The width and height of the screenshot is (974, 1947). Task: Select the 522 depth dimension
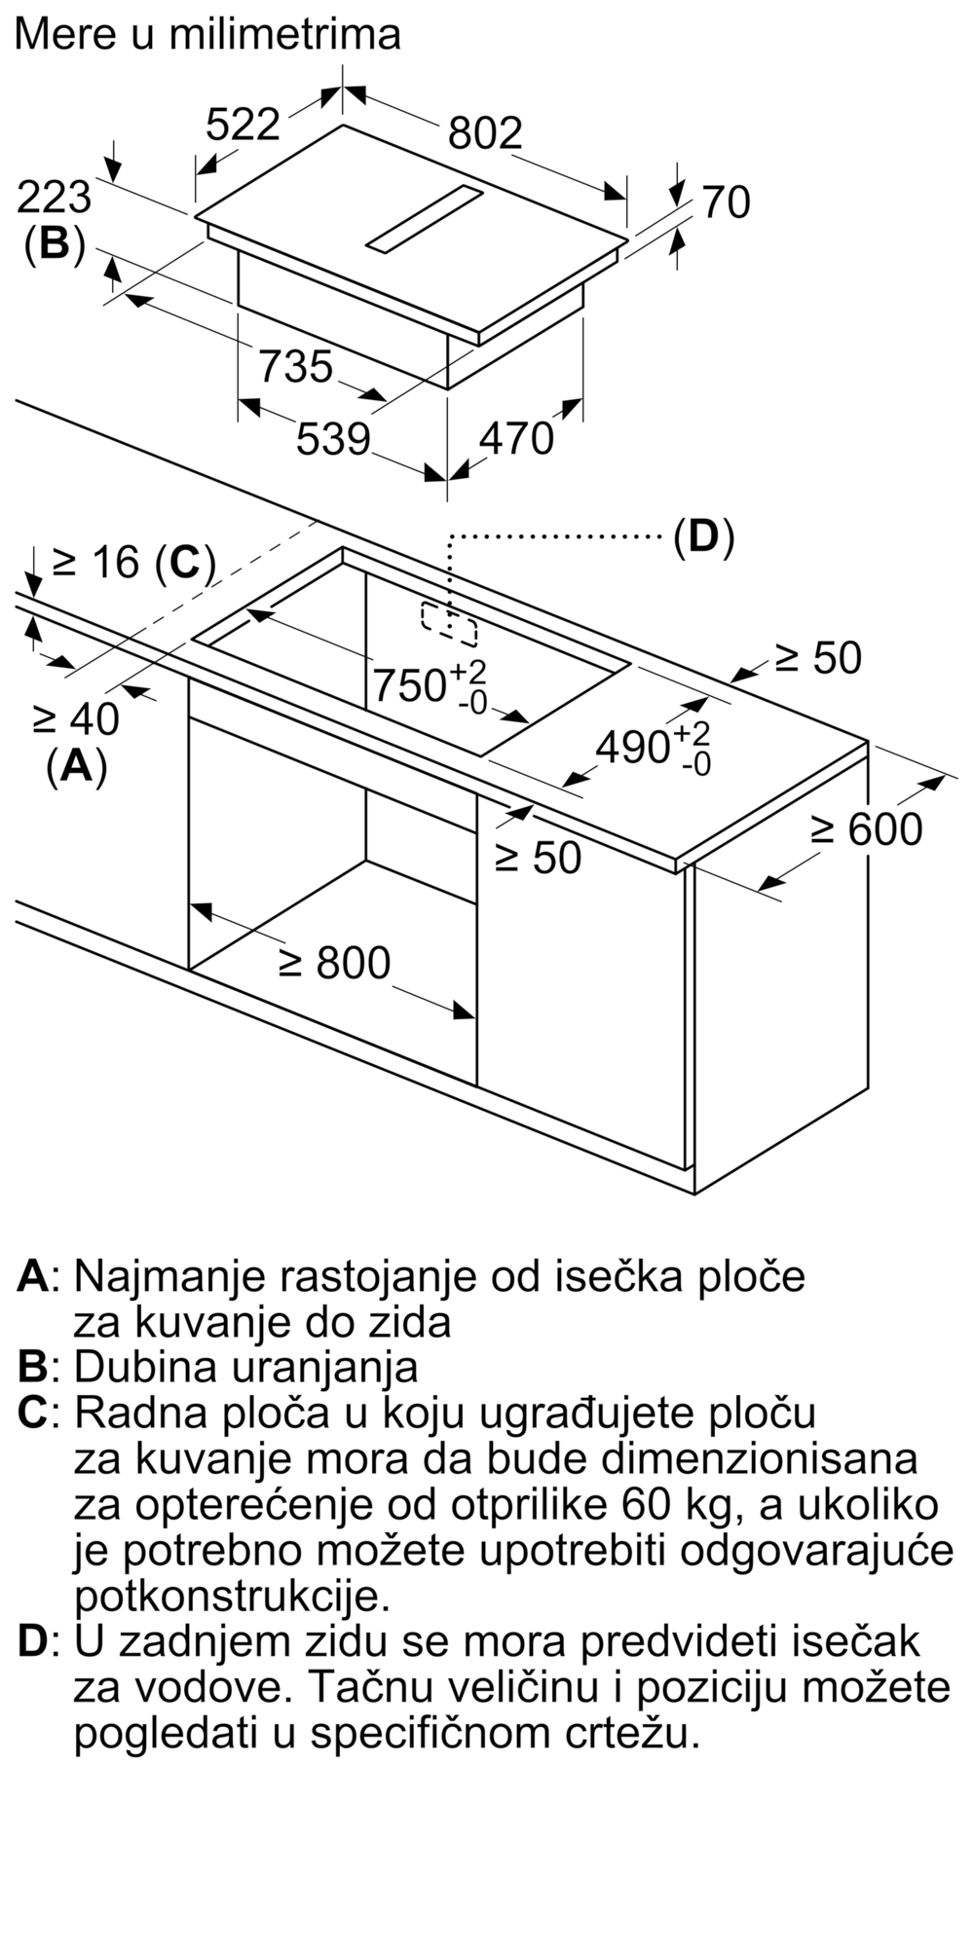[x=243, y=125]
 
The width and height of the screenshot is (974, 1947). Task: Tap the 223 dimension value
[x=55, y=198]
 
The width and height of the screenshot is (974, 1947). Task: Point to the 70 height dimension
[x=726, y=202]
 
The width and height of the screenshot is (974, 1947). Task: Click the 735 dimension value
[x=296, y=366]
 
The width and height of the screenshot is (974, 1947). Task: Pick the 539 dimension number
[x=333, y=438]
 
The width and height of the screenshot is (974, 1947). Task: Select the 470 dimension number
[x=516, y=438]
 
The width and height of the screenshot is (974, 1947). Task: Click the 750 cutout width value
[x=410, y=685]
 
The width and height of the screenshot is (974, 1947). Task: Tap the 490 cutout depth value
[x=633, y=747]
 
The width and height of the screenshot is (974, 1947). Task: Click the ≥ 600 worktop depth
[x=867, y=829]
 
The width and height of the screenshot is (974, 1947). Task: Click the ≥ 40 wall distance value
[x=76, y=719]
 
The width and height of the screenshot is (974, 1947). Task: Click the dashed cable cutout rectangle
[x=449, y=623]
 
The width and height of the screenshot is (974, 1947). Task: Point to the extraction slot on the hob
[x=425, y=220]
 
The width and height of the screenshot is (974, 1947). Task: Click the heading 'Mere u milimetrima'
[x=207, y=34]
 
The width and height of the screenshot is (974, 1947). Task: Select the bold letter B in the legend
[x=32, y=1367]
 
